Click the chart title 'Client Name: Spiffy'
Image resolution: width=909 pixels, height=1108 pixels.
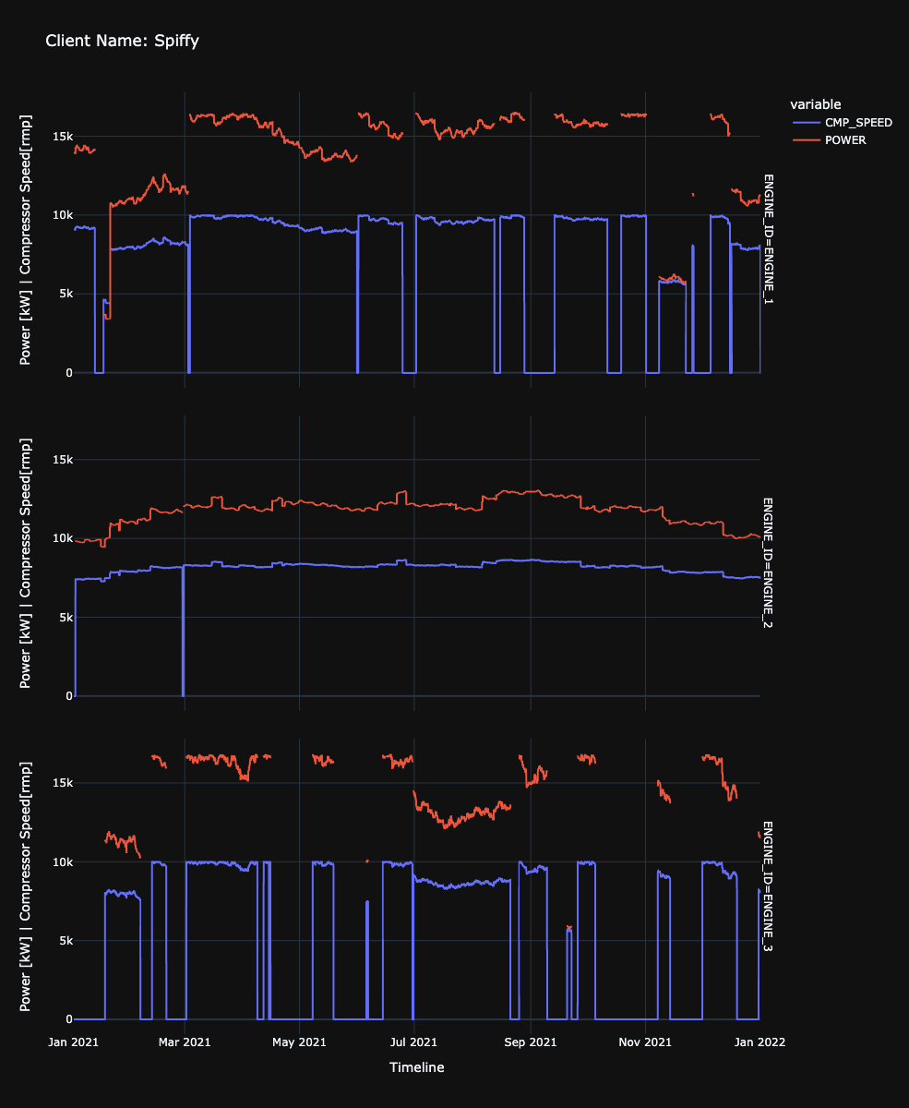coord(122,42)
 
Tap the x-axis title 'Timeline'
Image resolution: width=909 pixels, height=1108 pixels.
coord(416,1067)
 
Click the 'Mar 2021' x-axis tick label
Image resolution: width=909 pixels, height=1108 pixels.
coord(185,1042)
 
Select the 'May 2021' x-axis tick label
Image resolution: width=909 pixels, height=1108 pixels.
coord(299,1042)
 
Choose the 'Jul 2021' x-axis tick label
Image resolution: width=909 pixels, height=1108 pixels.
coord(413,1042)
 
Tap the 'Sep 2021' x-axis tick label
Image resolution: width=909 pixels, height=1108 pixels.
coord(530,1042)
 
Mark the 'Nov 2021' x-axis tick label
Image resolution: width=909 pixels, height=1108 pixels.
coord(644,1042)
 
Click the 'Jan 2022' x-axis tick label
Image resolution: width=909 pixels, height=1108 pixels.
coord(759,1042)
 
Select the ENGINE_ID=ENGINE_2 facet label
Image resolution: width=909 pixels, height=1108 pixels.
coord(769,563)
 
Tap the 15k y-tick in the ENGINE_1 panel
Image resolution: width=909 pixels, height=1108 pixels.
coord(62,137)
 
